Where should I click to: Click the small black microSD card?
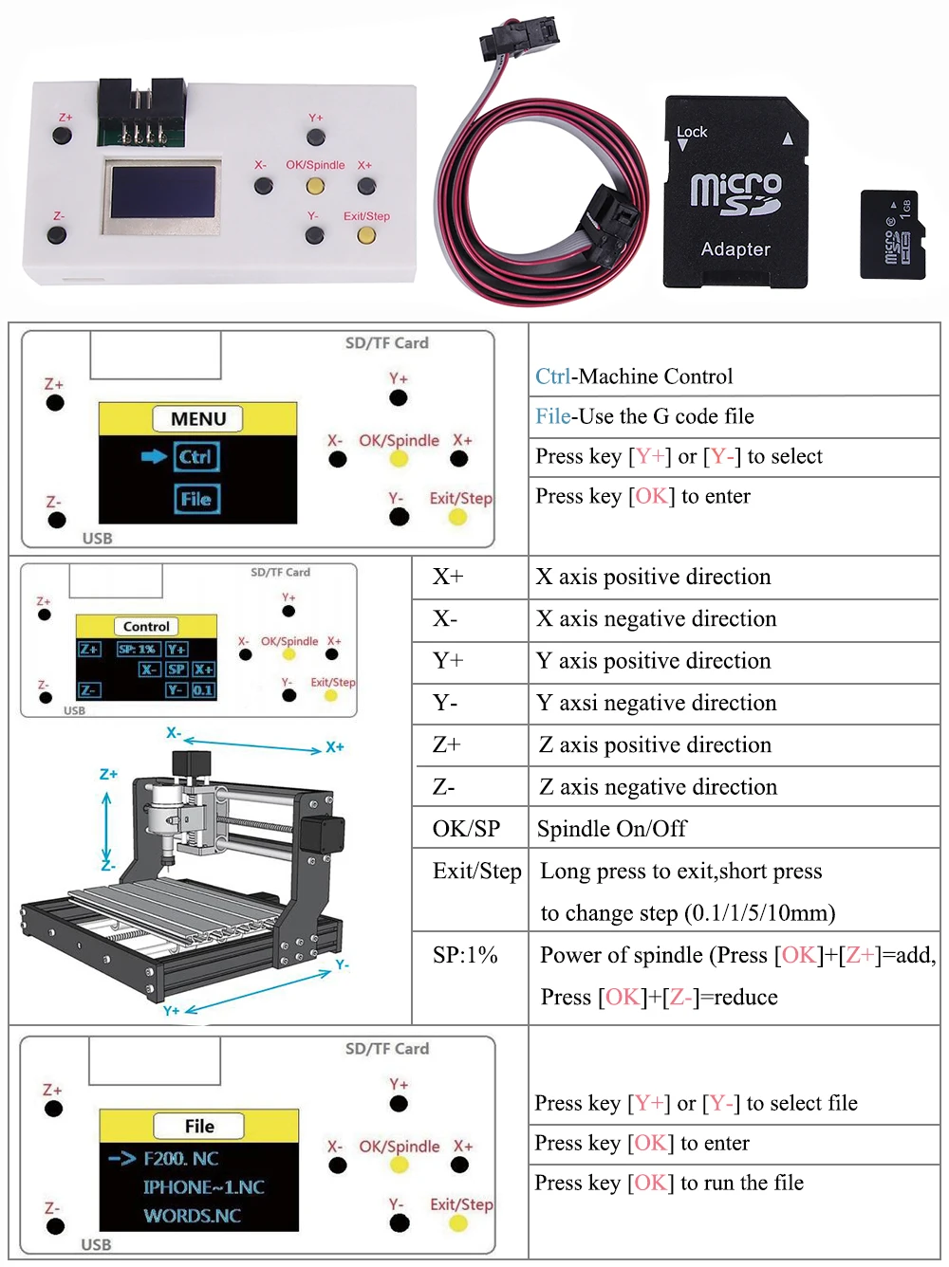point(892,234)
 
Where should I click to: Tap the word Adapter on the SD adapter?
point(735,249)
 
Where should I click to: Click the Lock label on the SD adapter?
point(692,132)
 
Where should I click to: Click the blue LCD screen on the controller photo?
point(163,193)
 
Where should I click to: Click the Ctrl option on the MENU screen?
point(196,457)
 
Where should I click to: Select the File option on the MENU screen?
point(196,499)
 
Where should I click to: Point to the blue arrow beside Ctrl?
point(154,457)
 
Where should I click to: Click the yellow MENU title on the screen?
point(198,418)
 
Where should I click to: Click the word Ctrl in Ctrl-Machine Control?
point(552,376)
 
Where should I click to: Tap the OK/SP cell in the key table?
point(466,829)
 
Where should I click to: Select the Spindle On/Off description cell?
point(612,829)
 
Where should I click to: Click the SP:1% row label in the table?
point(465,955)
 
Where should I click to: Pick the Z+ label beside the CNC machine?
point(108,774)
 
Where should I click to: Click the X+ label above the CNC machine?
point(334,747)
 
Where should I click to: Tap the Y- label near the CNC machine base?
point(342,964)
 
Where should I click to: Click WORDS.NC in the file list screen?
point(192,1216)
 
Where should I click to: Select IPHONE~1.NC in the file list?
point(203,1187)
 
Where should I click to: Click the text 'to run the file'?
point(742,1183)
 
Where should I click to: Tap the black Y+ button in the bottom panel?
point(399,1104)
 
